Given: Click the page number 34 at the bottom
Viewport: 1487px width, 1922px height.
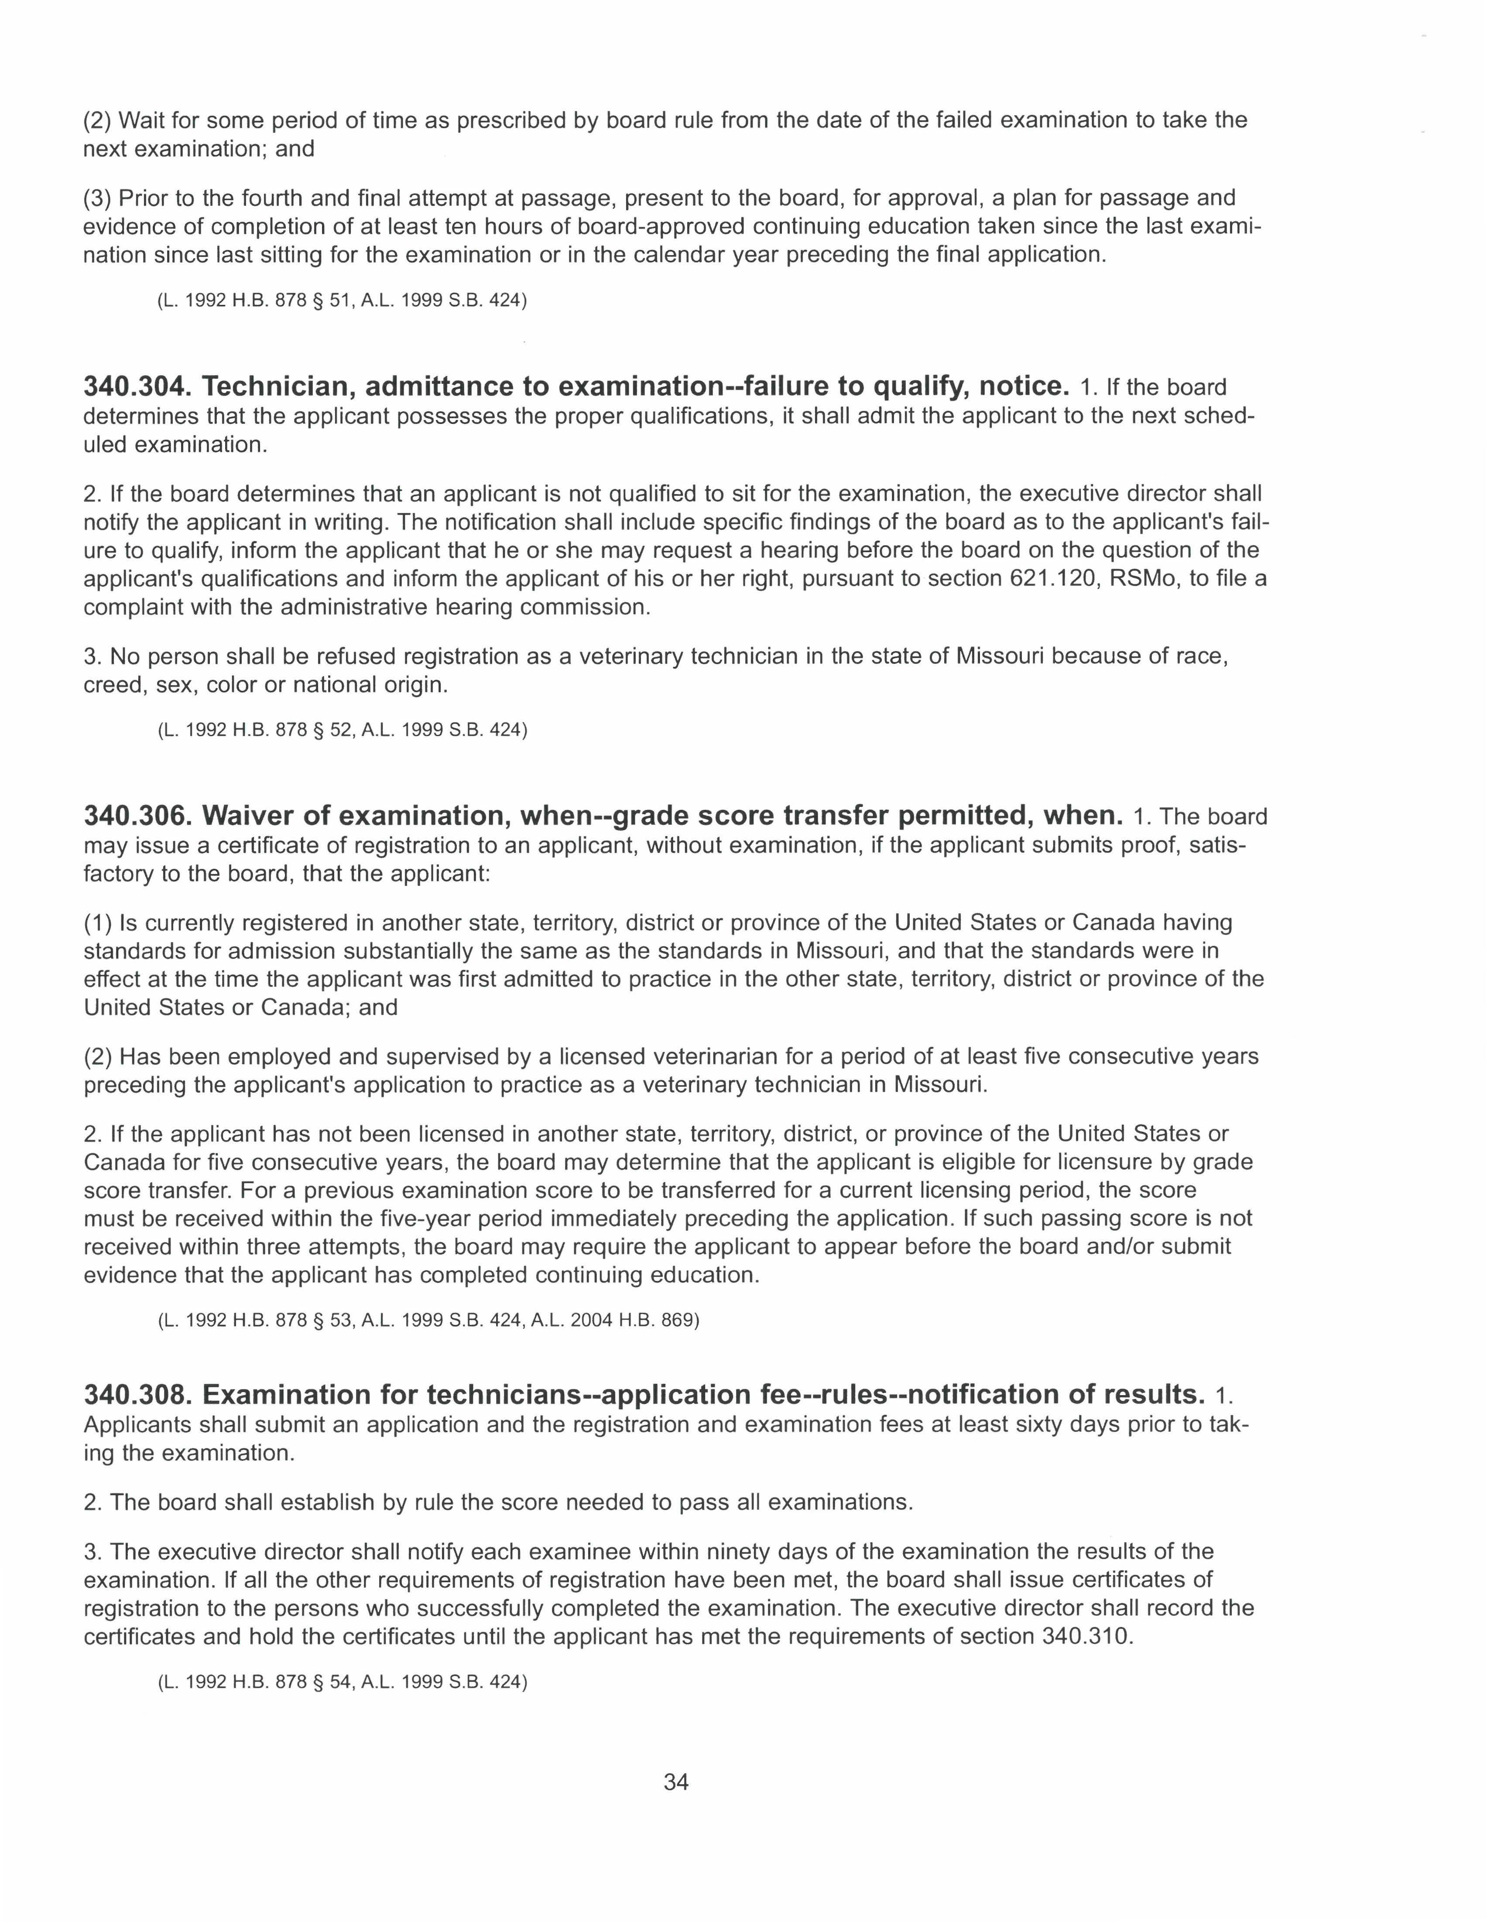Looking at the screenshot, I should (676, 1782).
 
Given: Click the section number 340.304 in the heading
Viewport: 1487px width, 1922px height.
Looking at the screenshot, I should (138, 386).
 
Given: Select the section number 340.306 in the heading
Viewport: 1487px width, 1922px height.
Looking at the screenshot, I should (138, 816).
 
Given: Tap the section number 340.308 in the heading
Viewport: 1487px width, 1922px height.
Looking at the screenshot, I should (138, 1395).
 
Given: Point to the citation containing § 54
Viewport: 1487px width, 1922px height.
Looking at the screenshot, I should (342, 1682).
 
